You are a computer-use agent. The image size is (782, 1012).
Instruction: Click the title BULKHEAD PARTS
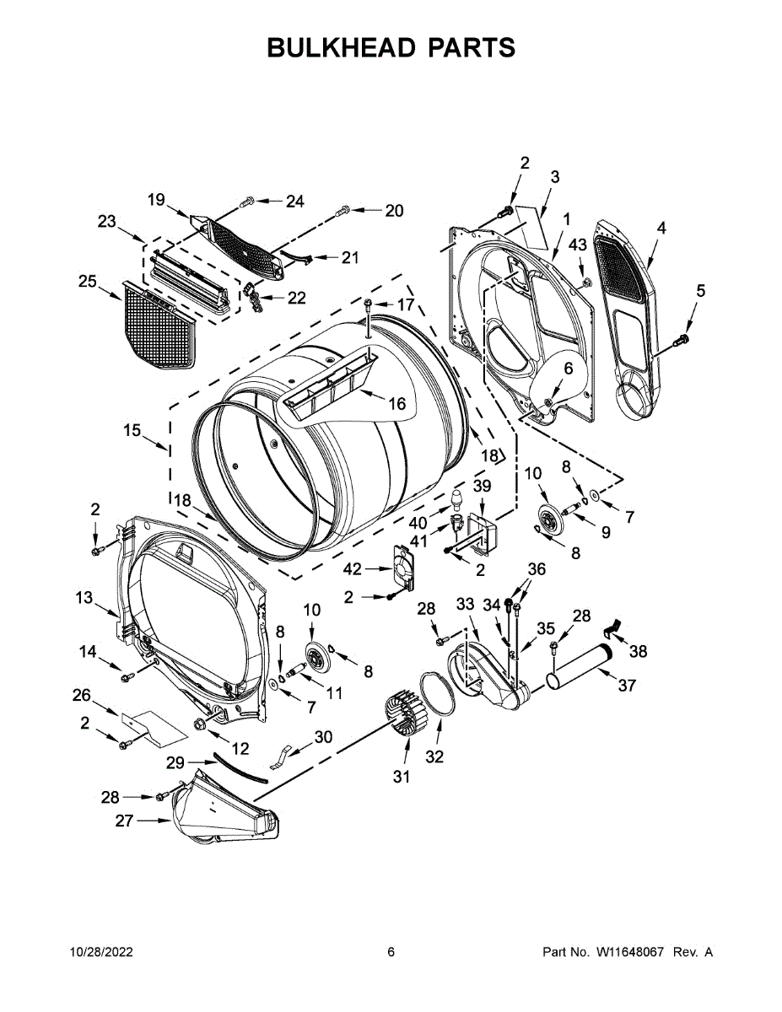tap(391, 47)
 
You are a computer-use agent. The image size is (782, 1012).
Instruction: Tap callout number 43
tap(577, 245)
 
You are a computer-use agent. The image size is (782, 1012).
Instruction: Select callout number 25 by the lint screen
tap(88, 281)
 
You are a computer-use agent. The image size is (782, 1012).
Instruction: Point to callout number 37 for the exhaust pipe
tap(626, 686)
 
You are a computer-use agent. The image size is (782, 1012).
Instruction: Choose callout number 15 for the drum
tap(132, 430)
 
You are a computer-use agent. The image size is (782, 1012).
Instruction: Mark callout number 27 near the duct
tap(124, 820)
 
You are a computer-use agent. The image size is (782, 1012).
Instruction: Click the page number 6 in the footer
tap(391, 952)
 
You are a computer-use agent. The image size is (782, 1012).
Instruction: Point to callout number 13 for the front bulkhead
tap(84, 598)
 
